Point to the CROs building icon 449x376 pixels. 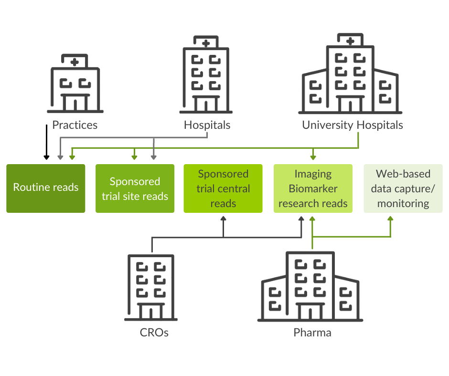pos(151,287)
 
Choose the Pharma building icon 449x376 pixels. pos(310,286)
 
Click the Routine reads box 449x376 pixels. pos(46,188)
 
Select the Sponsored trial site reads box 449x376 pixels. pos(135,188)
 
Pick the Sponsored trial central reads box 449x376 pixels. pos(223,188)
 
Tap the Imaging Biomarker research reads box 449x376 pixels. pos(313,188)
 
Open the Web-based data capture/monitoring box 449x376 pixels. pos(403,188)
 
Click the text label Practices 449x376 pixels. pos(75,125)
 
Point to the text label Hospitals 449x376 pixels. pos(207,125)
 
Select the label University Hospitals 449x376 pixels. pos(353,125)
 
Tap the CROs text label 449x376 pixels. pos(154,333)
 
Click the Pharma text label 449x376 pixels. pos(312,333)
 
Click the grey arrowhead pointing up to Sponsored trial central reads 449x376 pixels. pos(223,219)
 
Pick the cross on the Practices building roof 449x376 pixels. pos(74,62)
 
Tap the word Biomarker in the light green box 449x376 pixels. pos(313,188)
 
